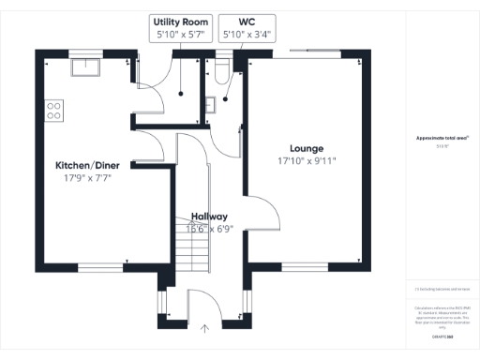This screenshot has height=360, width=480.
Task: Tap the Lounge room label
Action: click(x=306, y=148)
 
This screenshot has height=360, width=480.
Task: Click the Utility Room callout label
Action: click(x=182, y=22)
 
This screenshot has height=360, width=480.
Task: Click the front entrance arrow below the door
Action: click(x=205, y=328)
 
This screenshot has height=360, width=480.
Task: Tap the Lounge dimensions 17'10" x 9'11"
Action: click(x=306, y=161)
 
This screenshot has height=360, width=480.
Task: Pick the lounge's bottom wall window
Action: click(x=306, y=266)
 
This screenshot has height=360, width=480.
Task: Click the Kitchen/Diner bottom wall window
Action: click(x=98, y=266)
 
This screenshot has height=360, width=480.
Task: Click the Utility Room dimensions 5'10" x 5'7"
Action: click(x=182, y=35)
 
